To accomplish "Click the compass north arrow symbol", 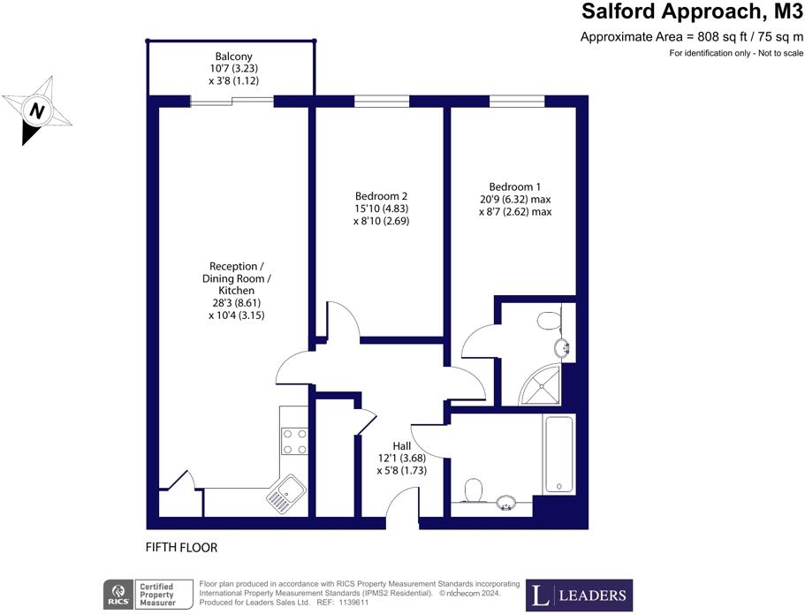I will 35,110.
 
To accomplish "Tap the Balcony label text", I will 232,57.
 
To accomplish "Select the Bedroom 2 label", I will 381,196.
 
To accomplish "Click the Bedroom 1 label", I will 515,187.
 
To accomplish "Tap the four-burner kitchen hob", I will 294,440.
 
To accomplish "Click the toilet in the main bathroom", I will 473,489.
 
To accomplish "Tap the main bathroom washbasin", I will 506,503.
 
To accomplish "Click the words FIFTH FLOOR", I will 181,548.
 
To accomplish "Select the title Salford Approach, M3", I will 692,12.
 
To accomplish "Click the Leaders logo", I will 579,594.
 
